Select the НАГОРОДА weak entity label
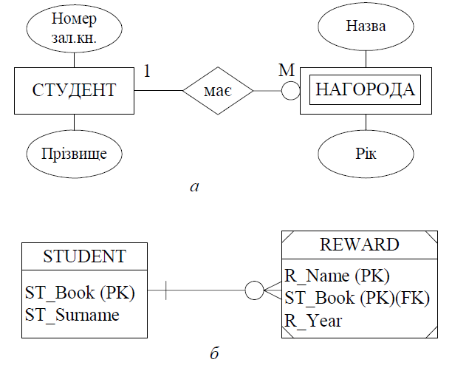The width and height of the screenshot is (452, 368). (x=366, y=89)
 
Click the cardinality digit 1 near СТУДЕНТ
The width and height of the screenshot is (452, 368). (x=147, y=71)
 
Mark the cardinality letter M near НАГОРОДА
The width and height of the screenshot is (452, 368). (x=287, y=70)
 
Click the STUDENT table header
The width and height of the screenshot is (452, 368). (x=84, y=256)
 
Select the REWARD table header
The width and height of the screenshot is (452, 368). (x=360, y=245)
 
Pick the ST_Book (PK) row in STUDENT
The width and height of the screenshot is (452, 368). (x=80, y=293)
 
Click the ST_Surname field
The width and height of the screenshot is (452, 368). (x=72, y=315)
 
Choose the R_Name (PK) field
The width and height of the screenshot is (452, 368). (x=337, y=276)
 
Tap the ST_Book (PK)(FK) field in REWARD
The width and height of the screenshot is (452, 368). (x=357, y=298)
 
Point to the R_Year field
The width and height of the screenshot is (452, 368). (x=313, y=321)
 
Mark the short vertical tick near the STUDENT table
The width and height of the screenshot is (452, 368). (x=165, y=290)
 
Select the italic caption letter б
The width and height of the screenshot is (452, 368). (x=214, y=352)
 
